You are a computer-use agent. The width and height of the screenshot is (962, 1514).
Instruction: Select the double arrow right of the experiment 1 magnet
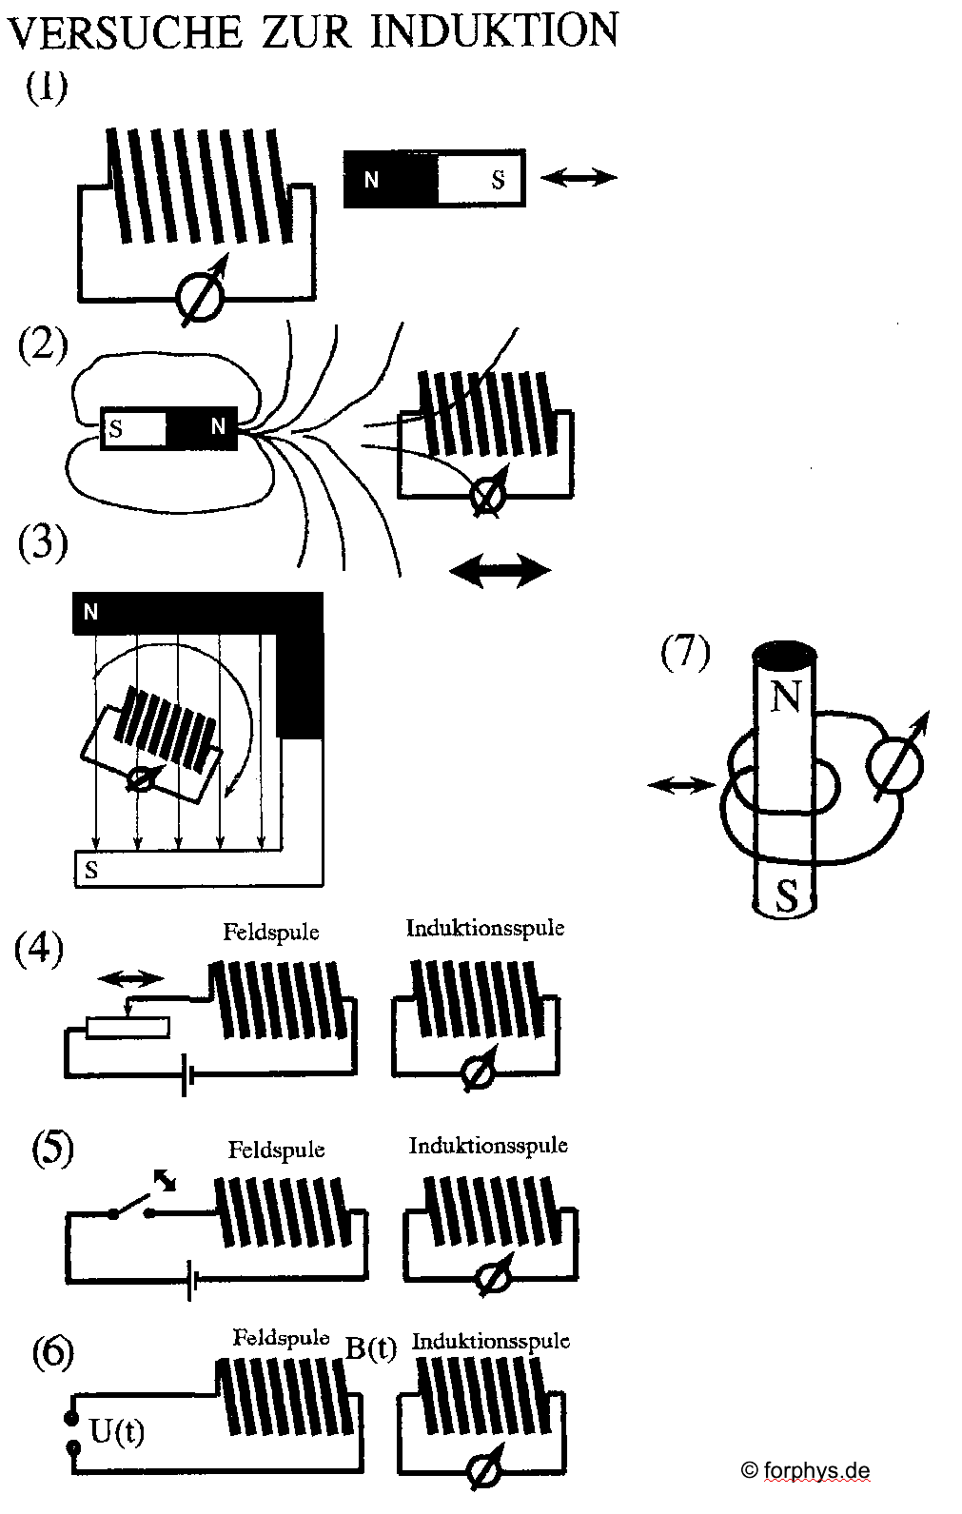579,177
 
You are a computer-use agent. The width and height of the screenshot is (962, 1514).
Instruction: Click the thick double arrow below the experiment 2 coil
500,571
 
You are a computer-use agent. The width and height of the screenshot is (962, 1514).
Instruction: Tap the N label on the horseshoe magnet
91,612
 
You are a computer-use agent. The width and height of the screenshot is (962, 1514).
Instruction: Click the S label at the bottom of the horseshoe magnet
91,869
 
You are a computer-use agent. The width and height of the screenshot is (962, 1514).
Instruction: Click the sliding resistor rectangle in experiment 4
128,1027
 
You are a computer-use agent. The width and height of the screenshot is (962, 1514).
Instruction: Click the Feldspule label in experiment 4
271,932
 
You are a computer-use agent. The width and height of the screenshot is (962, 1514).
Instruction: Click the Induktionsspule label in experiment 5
488,1145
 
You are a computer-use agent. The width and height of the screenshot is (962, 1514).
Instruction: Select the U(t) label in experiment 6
117,1429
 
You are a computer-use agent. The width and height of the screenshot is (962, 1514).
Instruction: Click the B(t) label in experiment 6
370,1348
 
